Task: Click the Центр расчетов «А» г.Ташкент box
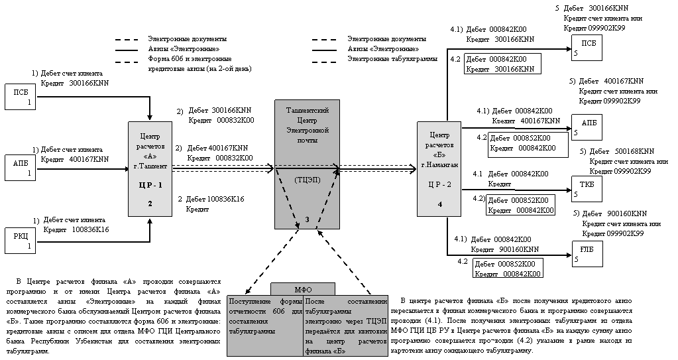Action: coord(150,168)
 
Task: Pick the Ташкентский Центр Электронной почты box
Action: coord(307,166)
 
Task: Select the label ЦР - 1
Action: coord(150,186)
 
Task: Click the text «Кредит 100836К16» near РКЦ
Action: coord(76,229)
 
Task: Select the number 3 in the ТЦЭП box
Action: coord(307,218)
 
